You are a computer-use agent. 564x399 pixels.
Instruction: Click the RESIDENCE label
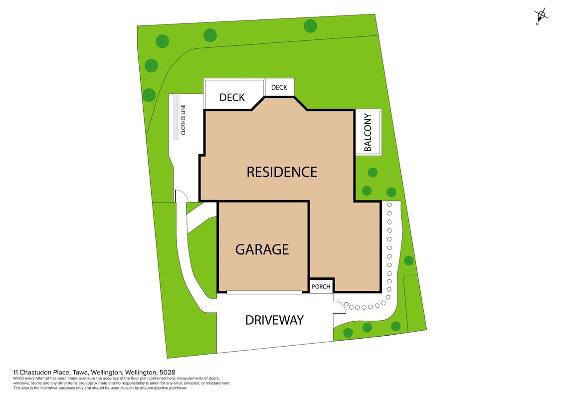(282, 172)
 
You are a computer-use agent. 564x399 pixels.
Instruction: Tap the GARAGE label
(262, 249)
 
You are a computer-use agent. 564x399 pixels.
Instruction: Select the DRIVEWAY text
(274, 320)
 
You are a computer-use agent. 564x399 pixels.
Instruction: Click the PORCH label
(321, 286)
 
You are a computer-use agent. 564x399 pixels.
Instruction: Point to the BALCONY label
(368, 132)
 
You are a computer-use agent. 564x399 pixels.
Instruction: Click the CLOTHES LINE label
(183, 120)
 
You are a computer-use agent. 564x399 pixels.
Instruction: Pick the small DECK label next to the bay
(279, 87)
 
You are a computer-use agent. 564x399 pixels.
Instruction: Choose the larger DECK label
(232, 97)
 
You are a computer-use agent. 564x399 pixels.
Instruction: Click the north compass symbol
(541, 15)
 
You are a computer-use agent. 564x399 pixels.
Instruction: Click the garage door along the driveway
(264, 292)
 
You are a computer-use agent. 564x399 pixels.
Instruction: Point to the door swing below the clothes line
(182, 196)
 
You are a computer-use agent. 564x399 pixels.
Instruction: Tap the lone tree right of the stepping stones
(408, 260)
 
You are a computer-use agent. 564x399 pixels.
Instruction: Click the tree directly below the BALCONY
(373, 173)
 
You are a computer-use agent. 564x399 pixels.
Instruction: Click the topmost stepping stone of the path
(389, 204)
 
